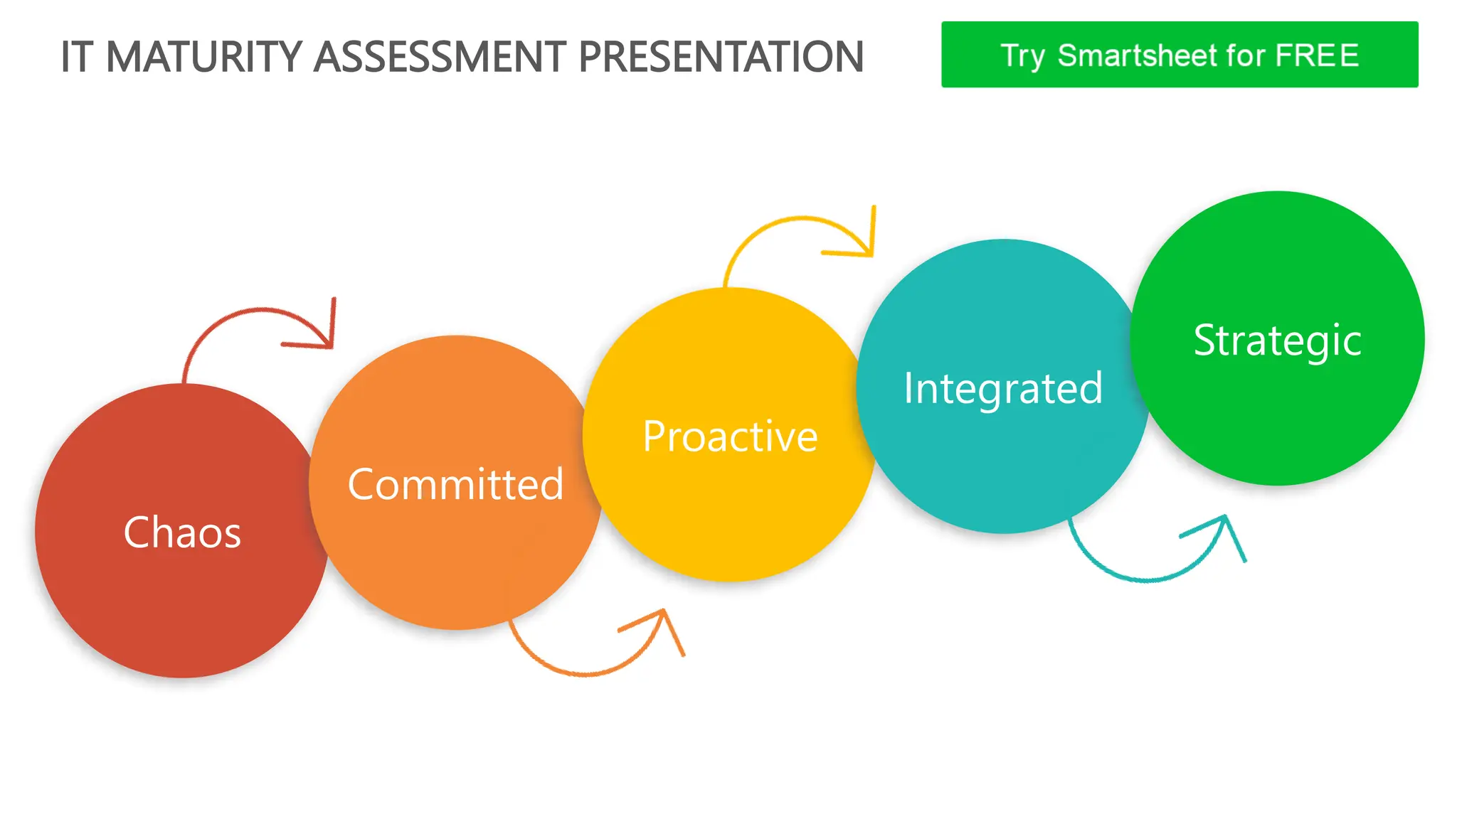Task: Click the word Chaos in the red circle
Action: [182, 532]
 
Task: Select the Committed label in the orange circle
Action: [455, 485]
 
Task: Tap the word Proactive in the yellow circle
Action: [730, 437]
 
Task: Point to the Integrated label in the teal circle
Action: [1003, 389]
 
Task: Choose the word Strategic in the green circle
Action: [1277, 341]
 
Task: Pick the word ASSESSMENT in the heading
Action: [440, 57]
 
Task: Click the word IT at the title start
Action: [77, 57]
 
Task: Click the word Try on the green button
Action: [1022, 55]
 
